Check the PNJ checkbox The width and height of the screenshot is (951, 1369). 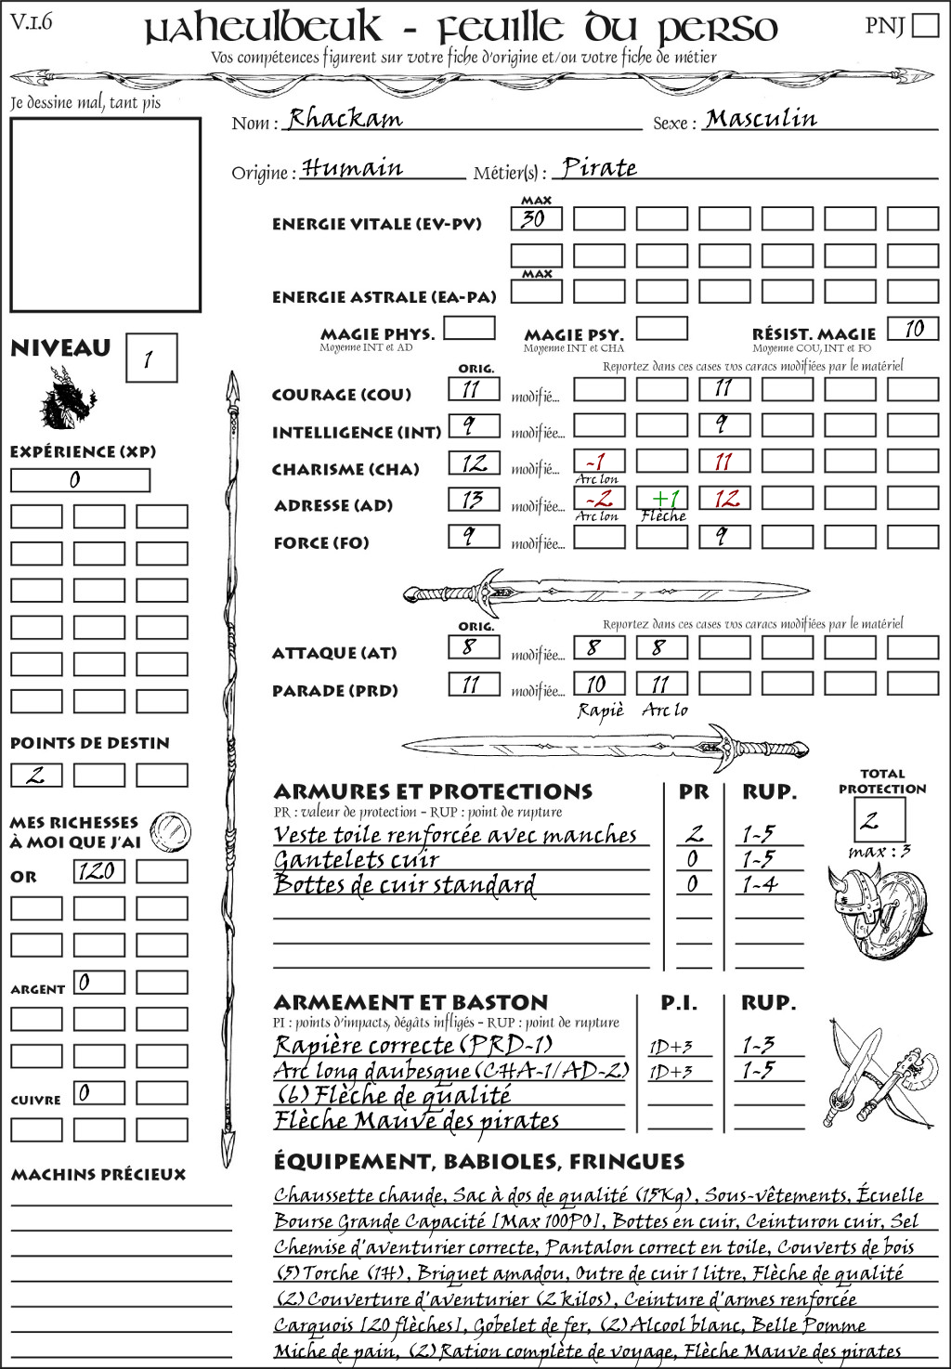pyautogui.click(x=925, y=24)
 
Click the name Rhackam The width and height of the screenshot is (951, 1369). pyautogui.click(x=345, y=119)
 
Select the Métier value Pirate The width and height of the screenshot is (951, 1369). pyautogui.click(x=599, y=168)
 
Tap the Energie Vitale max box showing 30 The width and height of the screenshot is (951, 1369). pyautogui.click(x=536, y=219)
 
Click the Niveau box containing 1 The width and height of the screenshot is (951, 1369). pyautogui.click(x=150, y=359)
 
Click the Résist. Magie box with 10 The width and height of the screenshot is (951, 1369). pyautogui.click(x=913, y=329)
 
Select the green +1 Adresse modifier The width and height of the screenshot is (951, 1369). pyautogui.click(x=662, y=499)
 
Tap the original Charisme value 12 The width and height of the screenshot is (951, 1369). pyautogui.click(x=474, y=463)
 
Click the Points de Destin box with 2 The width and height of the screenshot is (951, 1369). pyautogui.click(x=36, y=775)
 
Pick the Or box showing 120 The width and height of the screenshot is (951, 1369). pyautogui.click(x=98, y=871)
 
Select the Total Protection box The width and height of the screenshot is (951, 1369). pyautogui.click(x=879, y=819)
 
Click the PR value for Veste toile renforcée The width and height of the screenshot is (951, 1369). pyautogui.click(x=694, y=834)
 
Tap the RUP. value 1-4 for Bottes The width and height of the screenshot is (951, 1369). pyautogui.click(x=759, y=885)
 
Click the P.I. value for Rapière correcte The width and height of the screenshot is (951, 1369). pyautogui.click(x=671, y=1047)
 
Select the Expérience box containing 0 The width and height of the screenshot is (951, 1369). pyautogui.click(x=80, y=480)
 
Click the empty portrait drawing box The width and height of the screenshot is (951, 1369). pyautogui.click(x=105, y=215)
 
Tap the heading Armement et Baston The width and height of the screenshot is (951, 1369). pyautogui.click(x=410, y=1002)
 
